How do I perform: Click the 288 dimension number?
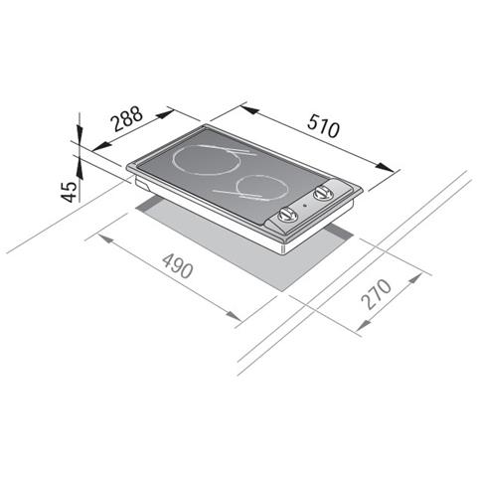tap(127, 118)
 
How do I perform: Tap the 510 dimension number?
tap(323, 125)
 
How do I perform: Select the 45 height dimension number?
tap(70, 192)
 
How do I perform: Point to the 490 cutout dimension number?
tap(178, 265)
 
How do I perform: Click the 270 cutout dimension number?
tap(377, 294)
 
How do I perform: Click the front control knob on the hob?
tap(287, 215)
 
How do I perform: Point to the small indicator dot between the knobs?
tap(305, 206)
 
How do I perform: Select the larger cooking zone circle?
tap(206, 160)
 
